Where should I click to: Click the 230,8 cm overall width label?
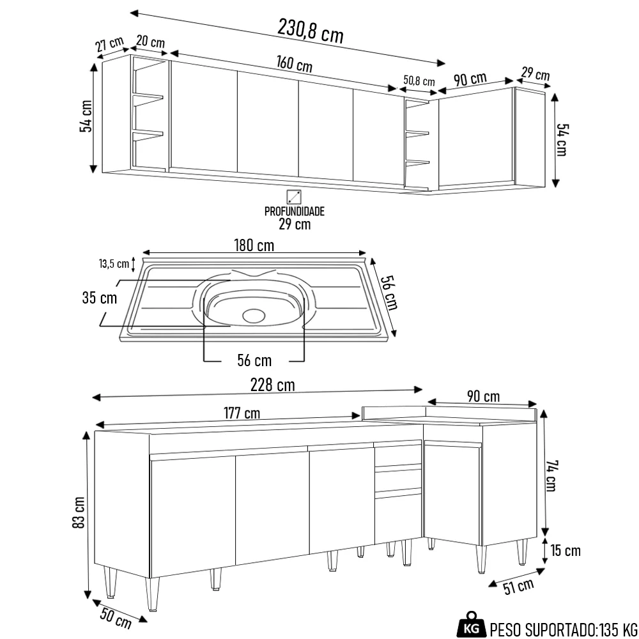311,30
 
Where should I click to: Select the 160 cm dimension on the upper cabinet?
295,65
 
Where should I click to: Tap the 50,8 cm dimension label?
419,81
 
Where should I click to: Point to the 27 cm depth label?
109,45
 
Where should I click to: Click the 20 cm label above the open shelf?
150,42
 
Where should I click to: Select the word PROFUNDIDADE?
295,211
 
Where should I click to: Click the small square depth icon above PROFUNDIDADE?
294,196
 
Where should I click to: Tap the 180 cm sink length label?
254,245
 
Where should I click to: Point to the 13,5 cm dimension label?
113,263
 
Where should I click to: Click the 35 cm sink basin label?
99,298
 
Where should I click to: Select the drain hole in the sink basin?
254,315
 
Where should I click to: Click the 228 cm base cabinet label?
273,385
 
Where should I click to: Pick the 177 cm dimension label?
242,413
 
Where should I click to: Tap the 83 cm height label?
79,512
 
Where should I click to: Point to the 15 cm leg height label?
566,550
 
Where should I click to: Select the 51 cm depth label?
518,585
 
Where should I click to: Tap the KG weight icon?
471,627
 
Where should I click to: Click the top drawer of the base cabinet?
397,456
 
